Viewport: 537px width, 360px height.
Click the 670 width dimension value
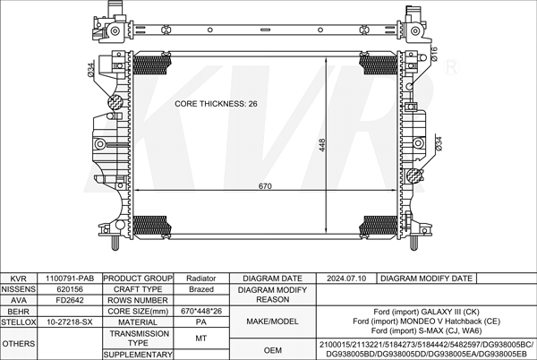pyautogui.click(x=265, y=186)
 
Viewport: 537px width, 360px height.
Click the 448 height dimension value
pyautogui.click(x=322, y=145)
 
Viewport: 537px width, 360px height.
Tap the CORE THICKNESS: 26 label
pyautogui.click(x=216, y=104)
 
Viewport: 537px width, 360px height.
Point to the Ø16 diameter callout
pyautogui.click(x=434, y=54)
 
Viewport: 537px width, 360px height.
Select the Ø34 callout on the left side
pyautogui.click(x=91, y=70)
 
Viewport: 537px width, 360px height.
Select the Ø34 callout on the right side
pyautogui.click(x=439, y=143)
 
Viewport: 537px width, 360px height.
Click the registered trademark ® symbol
pyautogui.click(x=451, y=67)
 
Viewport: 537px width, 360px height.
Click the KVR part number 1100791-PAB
pyautogui.click(x=70, y=279)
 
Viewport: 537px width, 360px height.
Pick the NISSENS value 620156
pyautogui.click(x=70, y=289)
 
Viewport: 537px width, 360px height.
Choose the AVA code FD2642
pyautogui.click(x=70, y=300)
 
